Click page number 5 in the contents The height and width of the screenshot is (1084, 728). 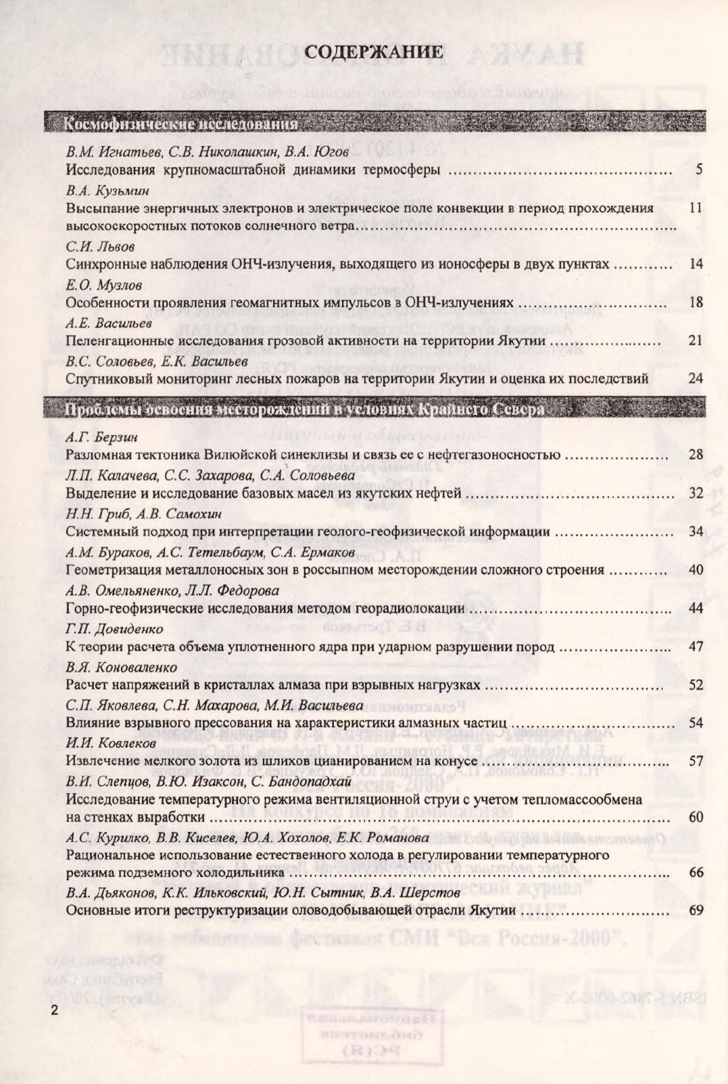pyautogui.click(x=698, y=170)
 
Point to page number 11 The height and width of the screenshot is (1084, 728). pyautogui.click(x=696, y=208)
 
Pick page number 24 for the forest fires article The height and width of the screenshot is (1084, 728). pyautogui.click(x=696, y=378)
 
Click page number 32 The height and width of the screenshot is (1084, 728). pyautogui.click(x=696, y=493)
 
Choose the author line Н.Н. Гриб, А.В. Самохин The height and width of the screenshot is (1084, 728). pyautogui.click(x=143, y=514)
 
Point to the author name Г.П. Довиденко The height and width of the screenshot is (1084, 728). pyautogui.click(x=114, y=629)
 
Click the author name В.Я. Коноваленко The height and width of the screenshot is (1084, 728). pyautogui.click(x=121, y=667)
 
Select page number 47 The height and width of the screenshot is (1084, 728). pyautogui.click(x=696, y=646)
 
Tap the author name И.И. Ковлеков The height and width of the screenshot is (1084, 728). pyautogui.click(x=111, y=743)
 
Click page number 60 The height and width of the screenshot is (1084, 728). pyautogui.click(x=696, y=817)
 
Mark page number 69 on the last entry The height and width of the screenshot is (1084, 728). pyautogui.click(x=696, y=910)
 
